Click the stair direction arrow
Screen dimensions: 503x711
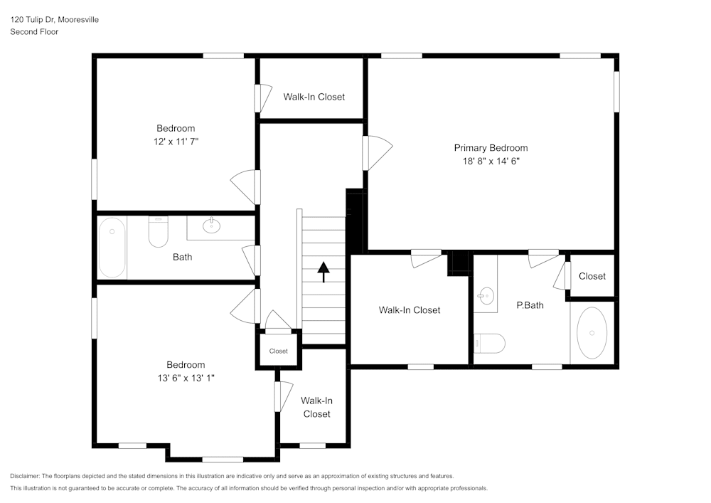(324, 272)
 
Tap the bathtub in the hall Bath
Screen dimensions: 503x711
(112, 248)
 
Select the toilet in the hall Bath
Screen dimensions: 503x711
(157, 232)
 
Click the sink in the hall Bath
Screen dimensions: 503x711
(212, 226)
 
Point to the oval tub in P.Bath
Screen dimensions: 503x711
(592, 333)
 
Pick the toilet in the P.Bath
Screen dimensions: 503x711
(490, 343)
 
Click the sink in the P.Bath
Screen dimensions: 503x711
(487, 295)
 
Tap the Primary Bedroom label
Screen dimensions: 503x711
(491, 148)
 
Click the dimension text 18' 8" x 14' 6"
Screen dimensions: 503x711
(491, 161)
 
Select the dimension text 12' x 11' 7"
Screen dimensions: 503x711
(176, 141)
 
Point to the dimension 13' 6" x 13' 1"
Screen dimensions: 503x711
(186, 378)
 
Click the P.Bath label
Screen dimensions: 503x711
(530, 305)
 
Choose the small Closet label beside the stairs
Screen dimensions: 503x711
(278, 351)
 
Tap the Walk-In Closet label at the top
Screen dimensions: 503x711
(314, 97)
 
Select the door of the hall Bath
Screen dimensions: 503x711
(250, 260)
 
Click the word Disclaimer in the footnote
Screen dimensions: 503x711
(25, 476)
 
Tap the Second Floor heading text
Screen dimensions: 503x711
(34, 32)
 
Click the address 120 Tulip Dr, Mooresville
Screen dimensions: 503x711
(54, 20)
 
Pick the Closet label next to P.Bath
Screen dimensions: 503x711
(592, 276)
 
